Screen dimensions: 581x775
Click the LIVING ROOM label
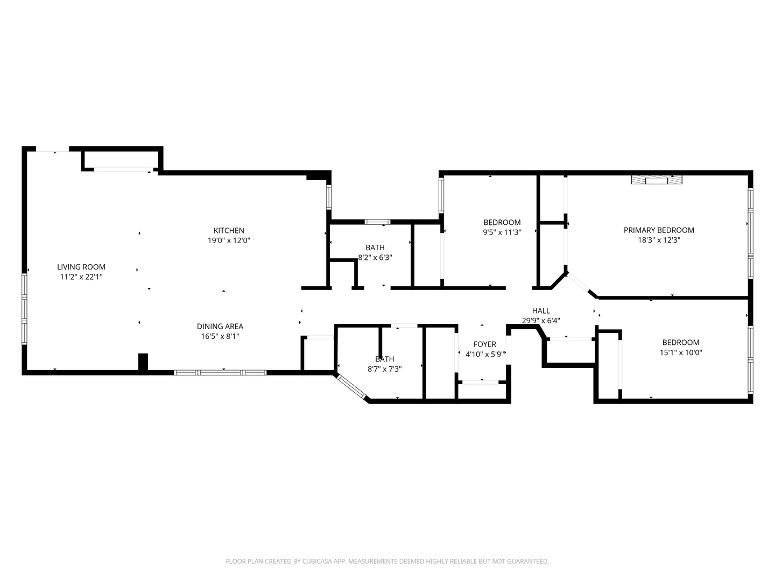81,267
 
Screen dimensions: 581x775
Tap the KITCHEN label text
229,231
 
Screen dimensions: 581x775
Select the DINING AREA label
220,327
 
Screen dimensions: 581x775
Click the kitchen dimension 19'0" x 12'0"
229,240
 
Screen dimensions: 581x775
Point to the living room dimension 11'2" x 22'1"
81,277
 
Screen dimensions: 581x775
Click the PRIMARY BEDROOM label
659,230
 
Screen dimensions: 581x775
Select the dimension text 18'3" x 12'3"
659,240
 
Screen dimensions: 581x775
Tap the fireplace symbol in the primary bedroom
656,180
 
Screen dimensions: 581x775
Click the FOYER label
484,344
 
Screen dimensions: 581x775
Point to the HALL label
541,310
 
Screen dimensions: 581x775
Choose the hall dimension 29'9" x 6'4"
541,321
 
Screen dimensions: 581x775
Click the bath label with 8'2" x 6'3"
375,247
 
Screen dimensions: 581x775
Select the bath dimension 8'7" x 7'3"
384,369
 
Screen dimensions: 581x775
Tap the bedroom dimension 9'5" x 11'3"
502,232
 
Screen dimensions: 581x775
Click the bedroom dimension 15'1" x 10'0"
681,353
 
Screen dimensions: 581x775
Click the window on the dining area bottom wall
220,372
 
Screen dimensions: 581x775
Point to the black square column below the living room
143,362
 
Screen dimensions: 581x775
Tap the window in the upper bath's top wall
377,222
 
